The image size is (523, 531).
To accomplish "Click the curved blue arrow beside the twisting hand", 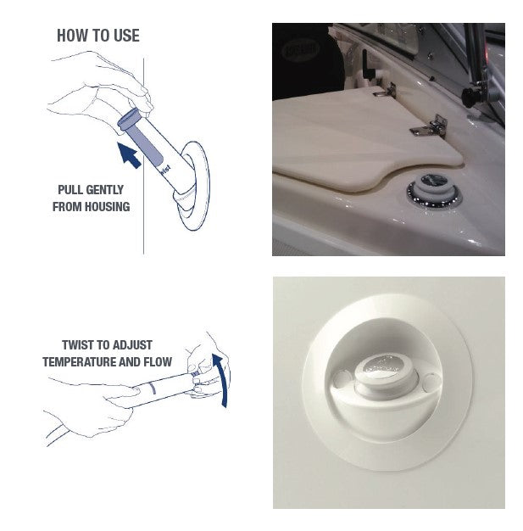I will pyautogui.click(x=223, y=381).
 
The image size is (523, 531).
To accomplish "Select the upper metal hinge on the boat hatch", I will pyautogui.click(x=384, y=88).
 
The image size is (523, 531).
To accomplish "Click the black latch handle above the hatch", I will pyautogui.click(x=365, y=65).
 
